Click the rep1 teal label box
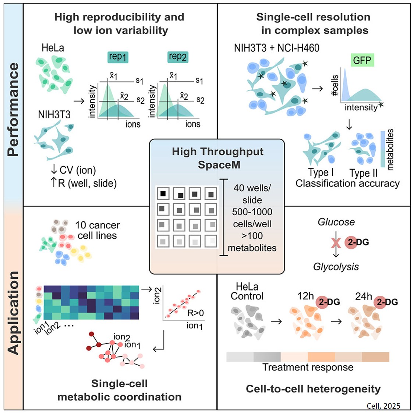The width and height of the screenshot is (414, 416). click(118, 57)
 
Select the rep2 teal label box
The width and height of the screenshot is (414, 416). click(177, 57)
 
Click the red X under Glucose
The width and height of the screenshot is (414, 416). click(336, 243)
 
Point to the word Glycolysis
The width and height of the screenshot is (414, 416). click(336, 266)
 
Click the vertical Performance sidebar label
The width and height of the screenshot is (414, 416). click(13, 109)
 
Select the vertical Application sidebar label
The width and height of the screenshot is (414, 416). click(13, 313)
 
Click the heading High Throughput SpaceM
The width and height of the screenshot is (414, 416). click(217, 158)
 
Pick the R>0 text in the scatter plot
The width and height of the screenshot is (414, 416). click(195, 313)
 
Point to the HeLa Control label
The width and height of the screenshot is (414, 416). click(247, 291)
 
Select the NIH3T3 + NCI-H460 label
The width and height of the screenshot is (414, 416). click(276, 48)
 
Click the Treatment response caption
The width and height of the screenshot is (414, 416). click(308, 367)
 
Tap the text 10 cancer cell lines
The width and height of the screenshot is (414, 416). click(97, 230)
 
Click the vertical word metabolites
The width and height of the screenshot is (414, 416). click(390, 149)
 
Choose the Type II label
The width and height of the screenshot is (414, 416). click(363, 173)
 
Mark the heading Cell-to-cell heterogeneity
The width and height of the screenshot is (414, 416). click(313, 389)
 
